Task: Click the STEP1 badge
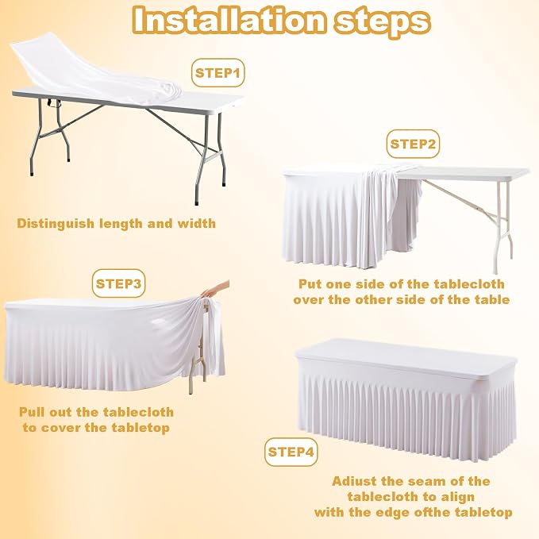(x=218, y=73)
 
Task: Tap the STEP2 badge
(x=413, y=144)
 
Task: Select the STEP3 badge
(x=118, y=283)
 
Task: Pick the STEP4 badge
(x=291, y=452)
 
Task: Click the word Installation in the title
(x=229, y=21)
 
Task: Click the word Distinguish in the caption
(x=56, y=224)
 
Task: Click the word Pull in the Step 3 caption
(x=32, y=412)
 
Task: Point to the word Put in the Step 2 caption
(x=310, y=284)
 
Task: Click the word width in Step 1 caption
(x=197, y=223)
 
